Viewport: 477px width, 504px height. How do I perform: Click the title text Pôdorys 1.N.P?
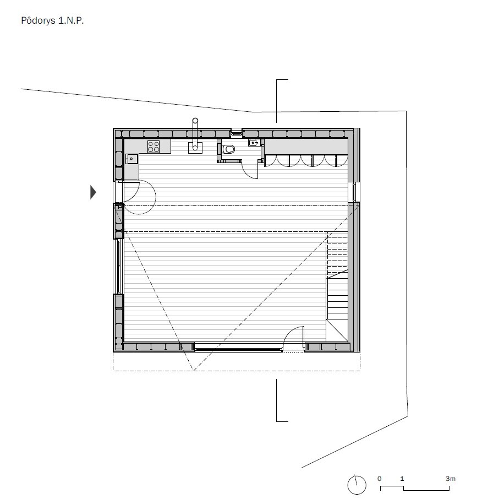[x=52, y=21]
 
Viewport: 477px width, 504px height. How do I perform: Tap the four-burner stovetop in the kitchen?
[x=153, y=147]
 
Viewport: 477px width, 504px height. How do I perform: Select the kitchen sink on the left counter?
[x=131, y=159]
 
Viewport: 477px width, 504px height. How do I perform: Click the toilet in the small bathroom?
[x=228, y=149]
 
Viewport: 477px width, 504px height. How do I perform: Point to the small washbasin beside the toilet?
[x=254, y=143]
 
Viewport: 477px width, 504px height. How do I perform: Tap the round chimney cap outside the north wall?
[x=195, y=120]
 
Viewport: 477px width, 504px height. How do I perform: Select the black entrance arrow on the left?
[x=93, y=192]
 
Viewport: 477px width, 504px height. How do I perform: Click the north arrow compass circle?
[x=357, y=485]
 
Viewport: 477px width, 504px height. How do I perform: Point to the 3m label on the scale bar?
[x=450, y=479]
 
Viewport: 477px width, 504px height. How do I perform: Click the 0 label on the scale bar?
[x=379, y=479]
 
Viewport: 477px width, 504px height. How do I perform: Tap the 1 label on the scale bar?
[x=402, y=479]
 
